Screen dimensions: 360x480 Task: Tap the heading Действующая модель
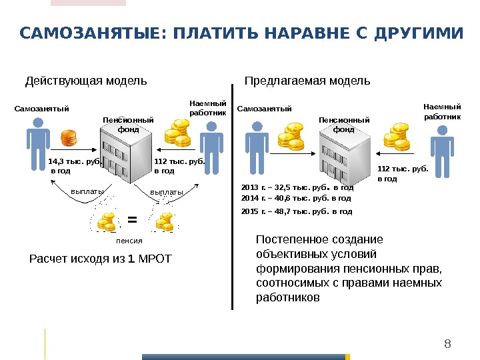[86, 81]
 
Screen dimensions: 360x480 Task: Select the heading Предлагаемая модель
[307, 81]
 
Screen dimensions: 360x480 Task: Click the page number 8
[447, 344]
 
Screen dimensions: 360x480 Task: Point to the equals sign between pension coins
[131, 219]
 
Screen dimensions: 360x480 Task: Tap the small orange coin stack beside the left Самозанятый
[69, 139]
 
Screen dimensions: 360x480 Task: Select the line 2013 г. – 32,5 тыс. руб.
[297, 188]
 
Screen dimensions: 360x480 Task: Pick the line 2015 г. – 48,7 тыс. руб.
[296, 211]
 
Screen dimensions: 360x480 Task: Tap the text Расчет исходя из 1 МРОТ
[101, 259]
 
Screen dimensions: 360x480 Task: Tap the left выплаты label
[87, 192]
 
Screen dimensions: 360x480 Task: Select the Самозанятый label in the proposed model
[265, 109]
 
